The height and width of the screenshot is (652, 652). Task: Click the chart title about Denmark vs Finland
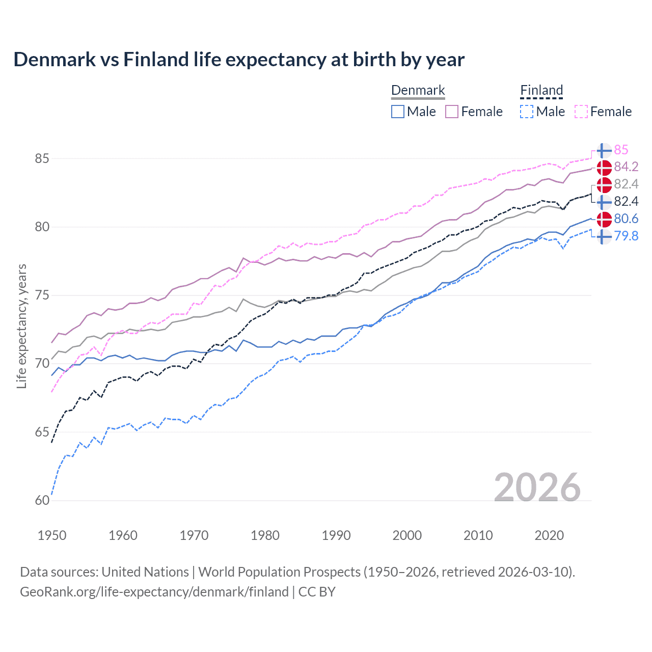(x=239, y=60)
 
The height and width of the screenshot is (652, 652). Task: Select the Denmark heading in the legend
(x=418, y=90)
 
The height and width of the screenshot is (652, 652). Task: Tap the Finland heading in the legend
(x=541, y=90)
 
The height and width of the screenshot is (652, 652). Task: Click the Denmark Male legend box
(x=398, y=112)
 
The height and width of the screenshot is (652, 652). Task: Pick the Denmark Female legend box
(x=452, y=112)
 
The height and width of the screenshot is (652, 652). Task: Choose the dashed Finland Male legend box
(x=527, y=112)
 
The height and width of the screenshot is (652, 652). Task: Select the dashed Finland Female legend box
(x=581, y=112)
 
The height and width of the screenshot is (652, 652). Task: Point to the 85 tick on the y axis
(x=42, y=159)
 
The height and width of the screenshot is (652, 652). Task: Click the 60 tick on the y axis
(x=42, y=501)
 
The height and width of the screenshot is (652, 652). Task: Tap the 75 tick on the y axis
(x=42, y=295)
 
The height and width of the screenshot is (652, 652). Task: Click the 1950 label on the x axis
(x=52, y=535)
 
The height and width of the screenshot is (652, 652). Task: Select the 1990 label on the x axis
(x=336, y=535)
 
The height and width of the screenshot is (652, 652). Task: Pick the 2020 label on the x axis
(x=549, y=535)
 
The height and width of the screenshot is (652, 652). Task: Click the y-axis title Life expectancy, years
(x=22, y=326)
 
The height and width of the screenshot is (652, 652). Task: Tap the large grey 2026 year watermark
(x=537, y=487)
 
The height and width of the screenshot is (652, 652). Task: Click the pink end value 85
(x=621, y=150)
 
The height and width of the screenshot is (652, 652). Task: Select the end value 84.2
(x=626, y=167)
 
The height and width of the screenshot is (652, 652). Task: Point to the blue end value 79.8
(x=626, y=236)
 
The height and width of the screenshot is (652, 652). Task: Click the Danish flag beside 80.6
(x=604, y=219)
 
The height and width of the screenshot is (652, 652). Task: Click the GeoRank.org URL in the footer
(x=154, y=592)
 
